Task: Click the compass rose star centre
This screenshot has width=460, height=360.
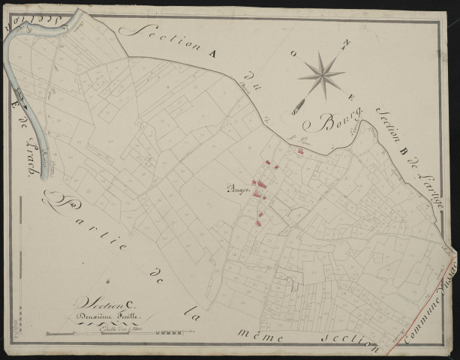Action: (x=320, y=74)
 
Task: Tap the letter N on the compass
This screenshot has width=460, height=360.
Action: (x=347, y=44)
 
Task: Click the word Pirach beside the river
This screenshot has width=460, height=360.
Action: (x=32, y=149)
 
